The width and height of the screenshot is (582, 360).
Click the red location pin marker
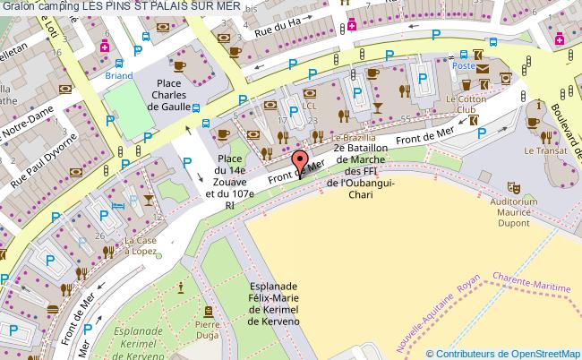pos(299,166)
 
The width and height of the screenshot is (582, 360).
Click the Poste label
pos(463,65)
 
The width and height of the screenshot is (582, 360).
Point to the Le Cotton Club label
pos(465,104)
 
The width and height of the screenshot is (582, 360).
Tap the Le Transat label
pos(542,151)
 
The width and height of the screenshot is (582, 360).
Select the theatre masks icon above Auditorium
pos(515,187)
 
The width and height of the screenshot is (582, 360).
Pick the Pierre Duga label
pos(208,330)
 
